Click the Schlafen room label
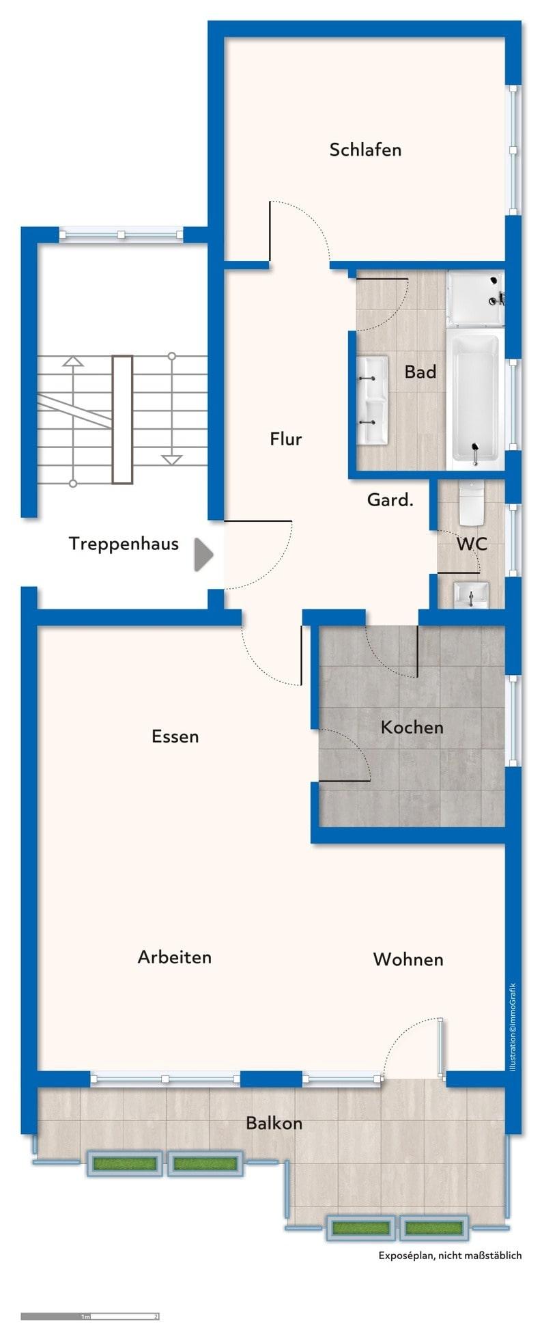coord(365,150)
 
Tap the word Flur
coord(285,439)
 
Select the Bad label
coord(420,372)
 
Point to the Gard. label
coord(390,500)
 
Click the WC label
coord(472,544)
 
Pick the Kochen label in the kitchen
coord(412,727)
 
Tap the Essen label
coord(175,736)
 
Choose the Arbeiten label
coord(175,957)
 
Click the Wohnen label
coord(408,959)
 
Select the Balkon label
coord(274,1123)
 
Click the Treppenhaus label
coord(124,544)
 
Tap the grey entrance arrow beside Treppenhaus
coord(203,554)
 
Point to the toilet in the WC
coord(471,501)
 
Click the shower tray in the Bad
coord(475,298)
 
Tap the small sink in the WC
coord(471,594)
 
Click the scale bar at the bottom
coord(89,1316)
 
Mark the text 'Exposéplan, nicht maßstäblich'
coord(450,1255)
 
